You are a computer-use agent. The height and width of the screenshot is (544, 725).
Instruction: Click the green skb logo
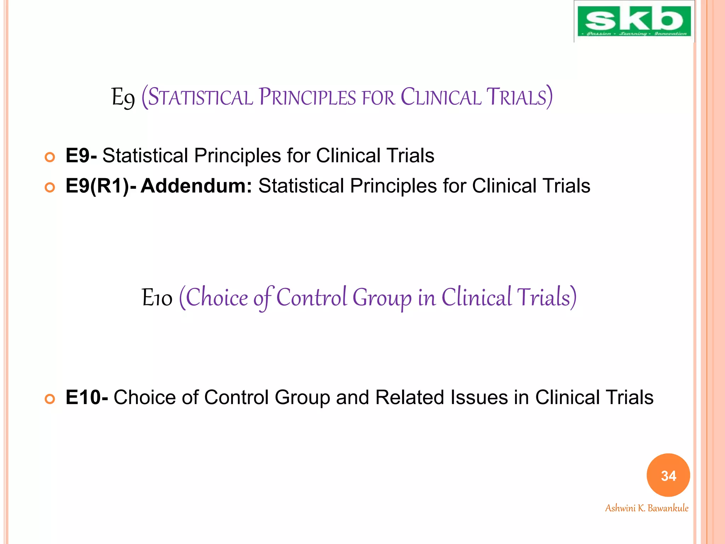(x=634, y=21)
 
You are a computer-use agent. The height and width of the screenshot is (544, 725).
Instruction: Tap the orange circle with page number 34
(x=668, y=475)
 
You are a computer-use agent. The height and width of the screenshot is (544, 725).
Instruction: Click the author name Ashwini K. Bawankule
(x=646, y=508)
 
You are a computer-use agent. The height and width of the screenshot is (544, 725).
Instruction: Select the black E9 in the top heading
(x=123, y=98)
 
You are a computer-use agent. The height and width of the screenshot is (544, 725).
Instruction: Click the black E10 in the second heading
(x=157, y=297)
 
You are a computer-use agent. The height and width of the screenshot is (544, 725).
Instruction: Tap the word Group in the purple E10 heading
(x=382, y=297)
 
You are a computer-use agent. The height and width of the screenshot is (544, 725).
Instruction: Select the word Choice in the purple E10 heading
(x=217, y=297)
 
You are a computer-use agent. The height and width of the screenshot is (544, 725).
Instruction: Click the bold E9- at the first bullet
(x=81, y=155)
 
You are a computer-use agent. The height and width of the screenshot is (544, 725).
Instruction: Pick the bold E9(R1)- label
(x=101, y=186)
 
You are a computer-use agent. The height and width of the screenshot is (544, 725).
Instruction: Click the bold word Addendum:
(x=196, y=186)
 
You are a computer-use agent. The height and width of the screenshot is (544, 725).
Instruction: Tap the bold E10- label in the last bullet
(x=87, y=397)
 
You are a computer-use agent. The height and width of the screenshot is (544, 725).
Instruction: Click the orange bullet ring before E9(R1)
(x=50, y=187)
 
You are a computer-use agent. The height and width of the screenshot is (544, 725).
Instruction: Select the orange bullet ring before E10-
(x=50, y=399)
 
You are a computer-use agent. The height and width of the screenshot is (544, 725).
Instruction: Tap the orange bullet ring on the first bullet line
(x=50, y=157)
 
